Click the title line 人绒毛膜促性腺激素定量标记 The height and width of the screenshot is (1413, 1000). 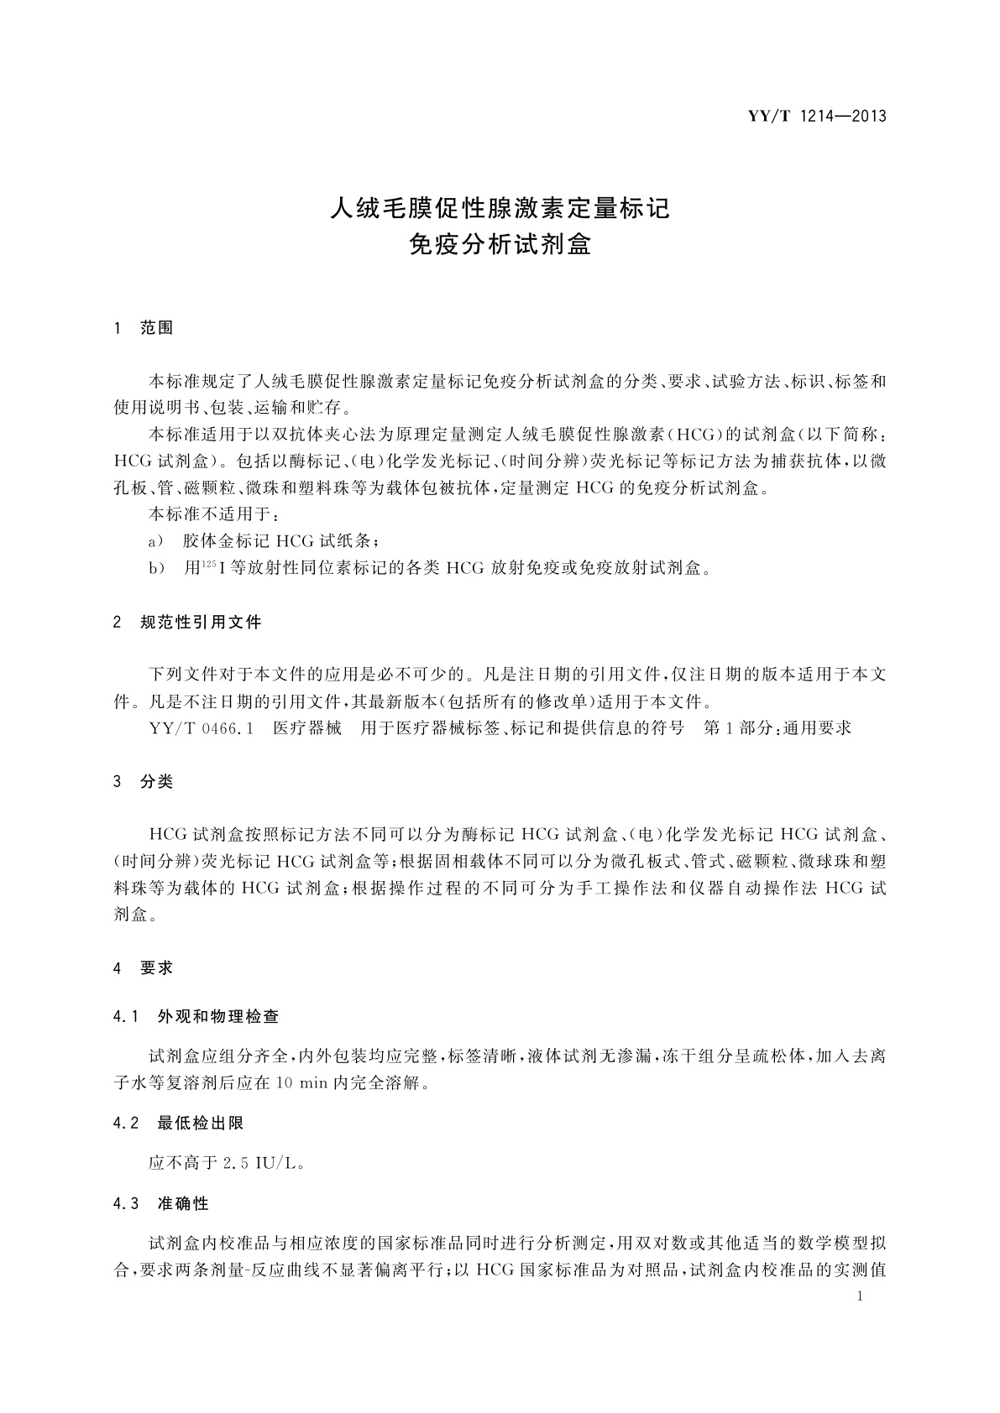coord(500,207)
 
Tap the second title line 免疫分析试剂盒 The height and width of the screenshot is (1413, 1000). coord(500,244)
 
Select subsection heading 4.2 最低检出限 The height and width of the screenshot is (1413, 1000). coord(178,1124)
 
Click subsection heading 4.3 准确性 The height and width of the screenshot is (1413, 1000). coord(160,1204)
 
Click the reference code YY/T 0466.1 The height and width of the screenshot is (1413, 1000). coord(201,728)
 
